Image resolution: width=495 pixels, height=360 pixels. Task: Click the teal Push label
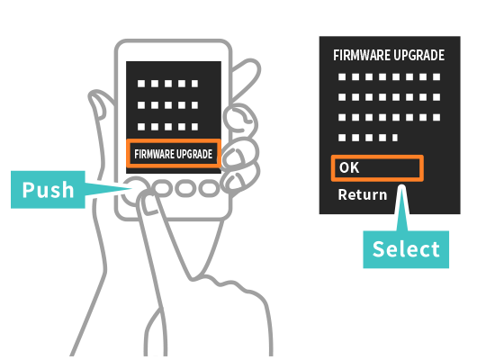coord(48,190)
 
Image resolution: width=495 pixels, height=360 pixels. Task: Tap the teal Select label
coord(406,249)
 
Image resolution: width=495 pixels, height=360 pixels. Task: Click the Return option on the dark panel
coord(363,194)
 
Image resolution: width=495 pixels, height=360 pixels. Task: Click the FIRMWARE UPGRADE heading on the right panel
coord(389,55)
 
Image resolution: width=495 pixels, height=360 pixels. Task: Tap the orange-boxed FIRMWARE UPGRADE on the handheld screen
coord(174,154)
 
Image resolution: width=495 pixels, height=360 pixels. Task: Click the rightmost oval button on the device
coord(209,188)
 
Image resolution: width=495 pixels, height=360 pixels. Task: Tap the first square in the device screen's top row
coord(141,84)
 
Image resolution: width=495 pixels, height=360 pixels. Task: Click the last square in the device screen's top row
coord(194,84)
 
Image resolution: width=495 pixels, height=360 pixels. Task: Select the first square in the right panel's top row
coord(342,76)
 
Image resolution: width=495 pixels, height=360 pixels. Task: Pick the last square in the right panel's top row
coord(436,76)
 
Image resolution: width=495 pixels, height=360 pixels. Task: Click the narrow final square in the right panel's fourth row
coord(395,138)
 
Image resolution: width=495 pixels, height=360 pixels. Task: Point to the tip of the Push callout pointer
coord(132,189)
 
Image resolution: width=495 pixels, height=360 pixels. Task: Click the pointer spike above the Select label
coord(402,208)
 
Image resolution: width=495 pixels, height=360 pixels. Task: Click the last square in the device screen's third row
coord(194,127)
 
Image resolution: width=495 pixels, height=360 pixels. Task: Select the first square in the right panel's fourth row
coord(342,138)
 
